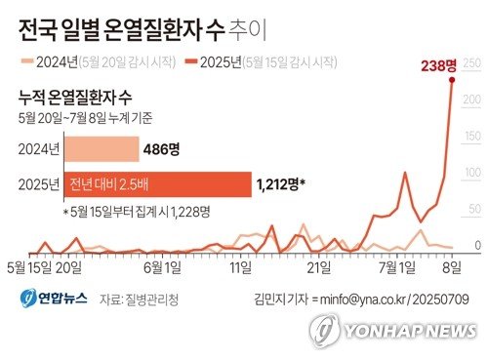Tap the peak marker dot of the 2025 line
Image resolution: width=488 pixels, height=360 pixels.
452,81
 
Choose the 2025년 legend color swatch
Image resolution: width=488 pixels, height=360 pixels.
190,61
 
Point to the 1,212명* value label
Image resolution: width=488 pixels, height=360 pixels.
280,182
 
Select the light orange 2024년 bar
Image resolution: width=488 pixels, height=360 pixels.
102,149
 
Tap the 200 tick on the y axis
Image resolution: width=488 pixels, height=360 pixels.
475,100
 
